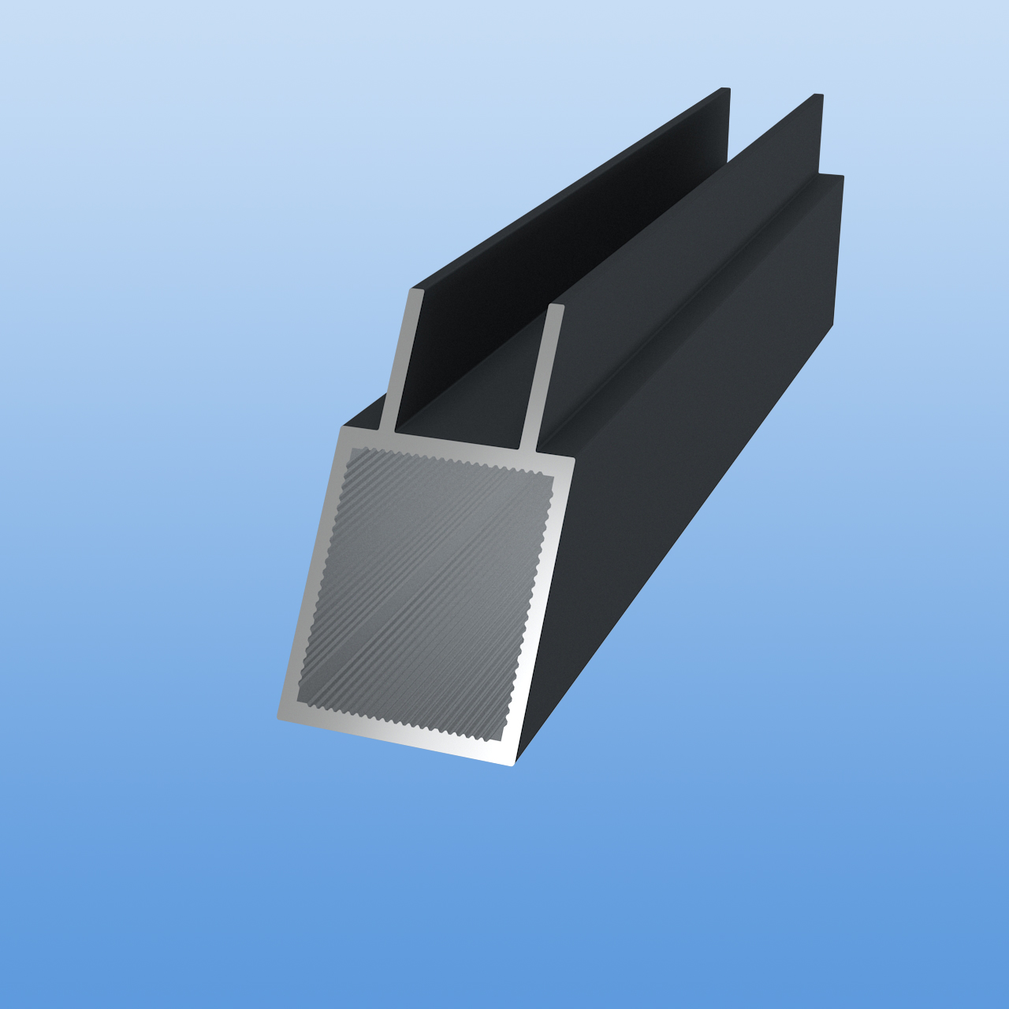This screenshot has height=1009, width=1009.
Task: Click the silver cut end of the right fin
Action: pyautogui.click(x=544, y=378)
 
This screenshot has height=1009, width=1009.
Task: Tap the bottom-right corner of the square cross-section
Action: pyautogui.click(x=512, y=763)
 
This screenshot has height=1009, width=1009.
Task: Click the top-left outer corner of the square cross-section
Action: pyautogui.click(x=342, y=429)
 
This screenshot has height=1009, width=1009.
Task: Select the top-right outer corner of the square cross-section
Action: pyautogui.click(x=574, y=459)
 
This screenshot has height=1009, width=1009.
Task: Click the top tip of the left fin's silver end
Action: pyautogui.click(x=416, y=291)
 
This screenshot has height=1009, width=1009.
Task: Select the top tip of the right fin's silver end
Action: pyautogui.click(x=556, y=307)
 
